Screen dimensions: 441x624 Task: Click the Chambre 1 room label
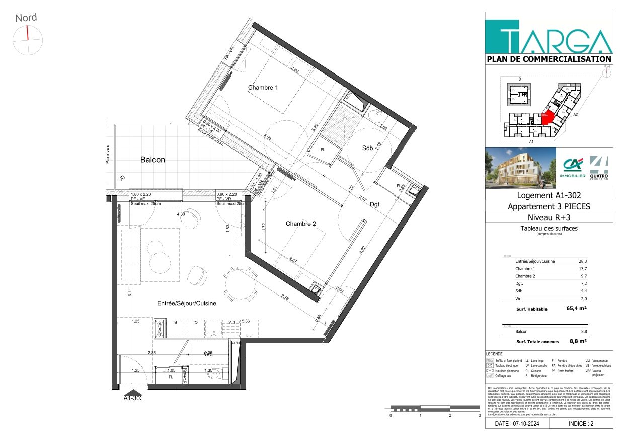263,88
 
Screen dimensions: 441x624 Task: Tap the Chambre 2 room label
301,224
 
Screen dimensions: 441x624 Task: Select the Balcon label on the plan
152,160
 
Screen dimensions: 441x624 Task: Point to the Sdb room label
368,148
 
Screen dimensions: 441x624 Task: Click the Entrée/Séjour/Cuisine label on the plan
187,304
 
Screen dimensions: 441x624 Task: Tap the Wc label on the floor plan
209,354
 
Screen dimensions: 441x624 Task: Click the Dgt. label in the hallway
374,204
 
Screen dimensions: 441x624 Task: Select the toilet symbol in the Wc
215,374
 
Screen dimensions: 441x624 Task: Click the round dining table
239,285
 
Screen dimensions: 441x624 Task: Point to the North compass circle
28,40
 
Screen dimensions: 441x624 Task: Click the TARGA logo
549,37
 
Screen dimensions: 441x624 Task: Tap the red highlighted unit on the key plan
548,118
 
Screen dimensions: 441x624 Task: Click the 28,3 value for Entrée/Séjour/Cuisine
583,261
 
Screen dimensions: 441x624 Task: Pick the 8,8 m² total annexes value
578,341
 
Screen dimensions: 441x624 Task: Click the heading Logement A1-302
549,196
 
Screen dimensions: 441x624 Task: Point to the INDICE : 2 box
581,424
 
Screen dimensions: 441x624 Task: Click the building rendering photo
520,168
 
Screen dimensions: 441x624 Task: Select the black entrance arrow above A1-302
133,392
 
